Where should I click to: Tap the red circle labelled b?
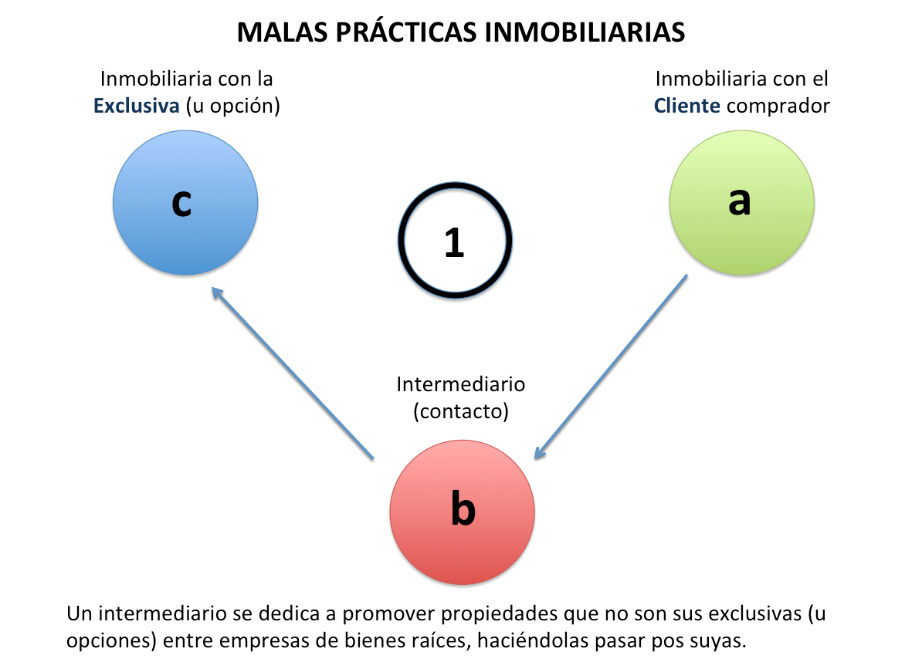462,512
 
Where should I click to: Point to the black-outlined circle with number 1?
455,241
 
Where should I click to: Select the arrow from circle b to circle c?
293,375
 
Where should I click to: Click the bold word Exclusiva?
136,106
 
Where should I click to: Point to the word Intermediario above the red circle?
461,383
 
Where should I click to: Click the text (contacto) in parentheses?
461,411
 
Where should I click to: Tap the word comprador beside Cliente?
778,106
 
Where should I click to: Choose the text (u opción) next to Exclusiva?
232,106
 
